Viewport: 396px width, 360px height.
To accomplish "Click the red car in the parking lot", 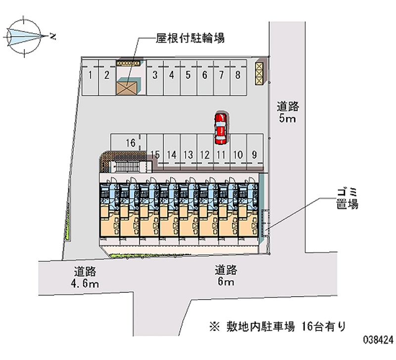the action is [221, 129].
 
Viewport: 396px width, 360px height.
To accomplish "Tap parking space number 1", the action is [90, 78].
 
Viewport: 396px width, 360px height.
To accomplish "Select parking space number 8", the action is [239, 78].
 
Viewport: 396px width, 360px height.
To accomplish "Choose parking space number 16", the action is [129, 143].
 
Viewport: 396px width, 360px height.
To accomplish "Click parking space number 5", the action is [189, 78].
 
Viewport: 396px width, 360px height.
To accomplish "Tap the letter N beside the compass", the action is [52, 36].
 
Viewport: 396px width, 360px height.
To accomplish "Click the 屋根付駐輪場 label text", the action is [190, 38].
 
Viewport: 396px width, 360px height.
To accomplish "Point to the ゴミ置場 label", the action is [347, 199].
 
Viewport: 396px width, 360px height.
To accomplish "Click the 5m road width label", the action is [287, 118].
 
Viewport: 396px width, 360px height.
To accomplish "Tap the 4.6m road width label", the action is [85, 283].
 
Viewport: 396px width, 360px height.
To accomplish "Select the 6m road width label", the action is [226, 281].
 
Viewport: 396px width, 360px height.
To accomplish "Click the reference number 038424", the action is [378, 340].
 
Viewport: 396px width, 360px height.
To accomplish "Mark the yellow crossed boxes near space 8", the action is [259, 73].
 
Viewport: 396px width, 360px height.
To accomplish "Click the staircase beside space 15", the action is [126, 167].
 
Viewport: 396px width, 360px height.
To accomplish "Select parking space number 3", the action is [155, 78].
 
